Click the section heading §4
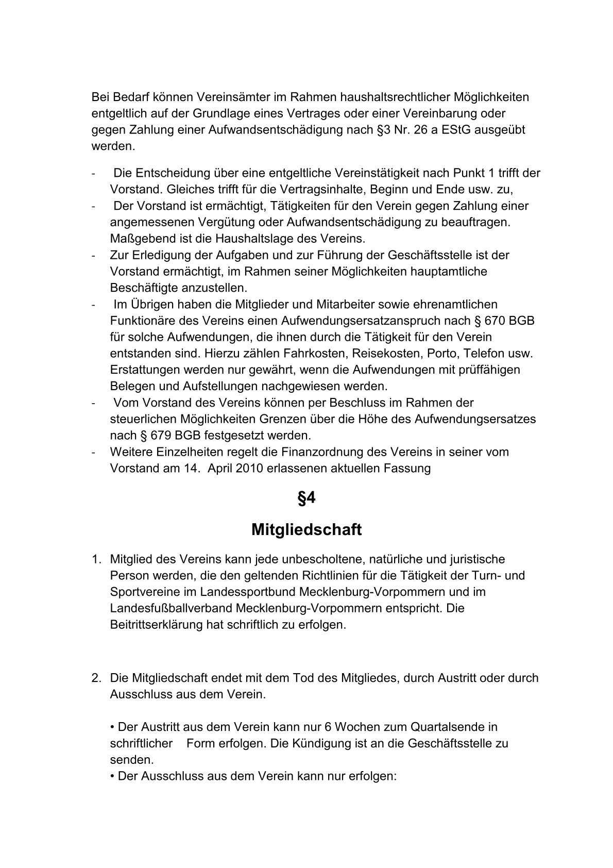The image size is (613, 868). point(306,498)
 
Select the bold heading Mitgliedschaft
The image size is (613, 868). point(306,529)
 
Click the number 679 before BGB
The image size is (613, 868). point(160,435)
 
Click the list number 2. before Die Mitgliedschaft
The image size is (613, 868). point(96,678)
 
